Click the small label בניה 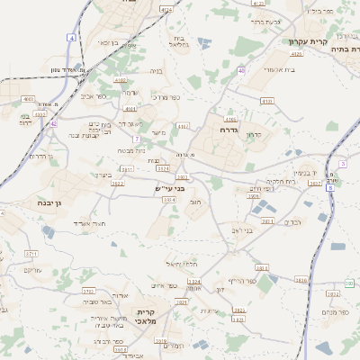click(x=157, y=69)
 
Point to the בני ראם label click(x=243, y=231)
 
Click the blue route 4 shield click(x=71, y=38)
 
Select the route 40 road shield click(x=241, y=70)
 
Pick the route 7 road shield click(x=136, y=139)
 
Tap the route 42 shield click(x=54, y=123)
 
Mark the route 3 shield click(x=343, y=164)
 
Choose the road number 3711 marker click(x=31, y=255)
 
